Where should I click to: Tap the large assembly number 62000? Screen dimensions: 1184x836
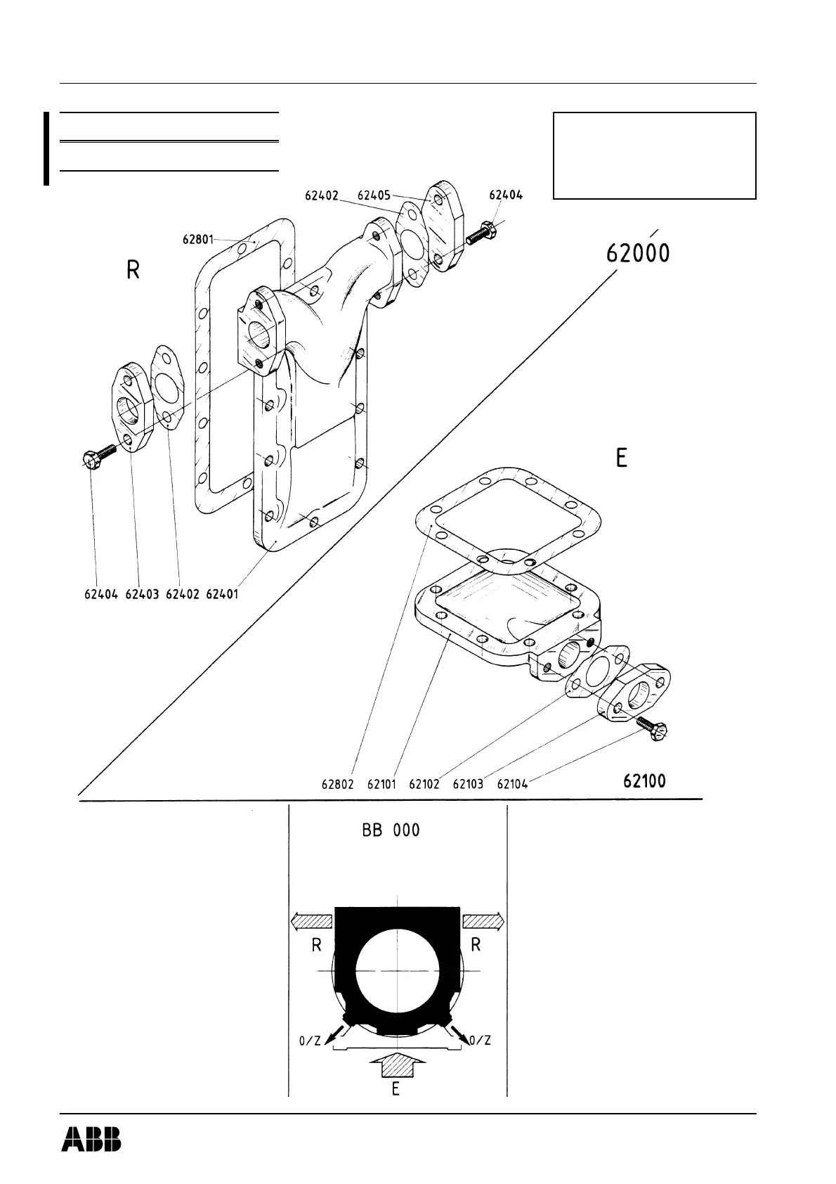(638, 252)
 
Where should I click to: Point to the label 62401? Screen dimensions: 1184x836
(222, 594)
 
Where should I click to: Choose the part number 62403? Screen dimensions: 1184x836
(142, 594)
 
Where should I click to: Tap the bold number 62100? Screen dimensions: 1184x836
(644, 780)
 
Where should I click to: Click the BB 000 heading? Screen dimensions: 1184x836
(391, 830)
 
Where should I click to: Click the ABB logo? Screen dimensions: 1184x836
(91, 1139)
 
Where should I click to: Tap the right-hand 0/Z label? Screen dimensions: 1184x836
(479, 1040)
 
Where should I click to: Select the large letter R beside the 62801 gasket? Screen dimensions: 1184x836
(133, 270)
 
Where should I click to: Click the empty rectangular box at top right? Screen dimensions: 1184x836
(654, 155)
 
